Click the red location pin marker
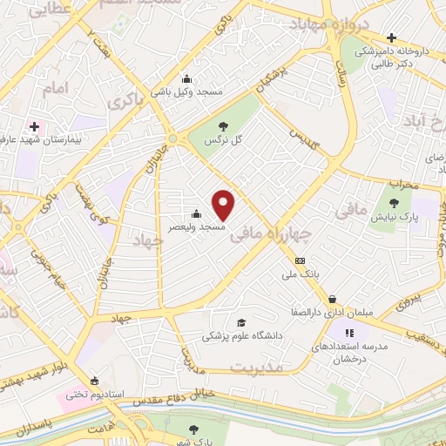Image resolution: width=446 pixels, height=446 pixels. click(225, 205)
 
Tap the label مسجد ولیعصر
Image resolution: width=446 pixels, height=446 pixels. click(200, 226)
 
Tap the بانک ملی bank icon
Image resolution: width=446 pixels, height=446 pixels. click(301, 260)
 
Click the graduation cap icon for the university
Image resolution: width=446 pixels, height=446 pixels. click(240, 321)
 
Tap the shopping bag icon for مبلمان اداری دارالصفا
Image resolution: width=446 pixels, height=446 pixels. click(334, 300)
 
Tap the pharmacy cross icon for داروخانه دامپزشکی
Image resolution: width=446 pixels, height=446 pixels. click(391, 38)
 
